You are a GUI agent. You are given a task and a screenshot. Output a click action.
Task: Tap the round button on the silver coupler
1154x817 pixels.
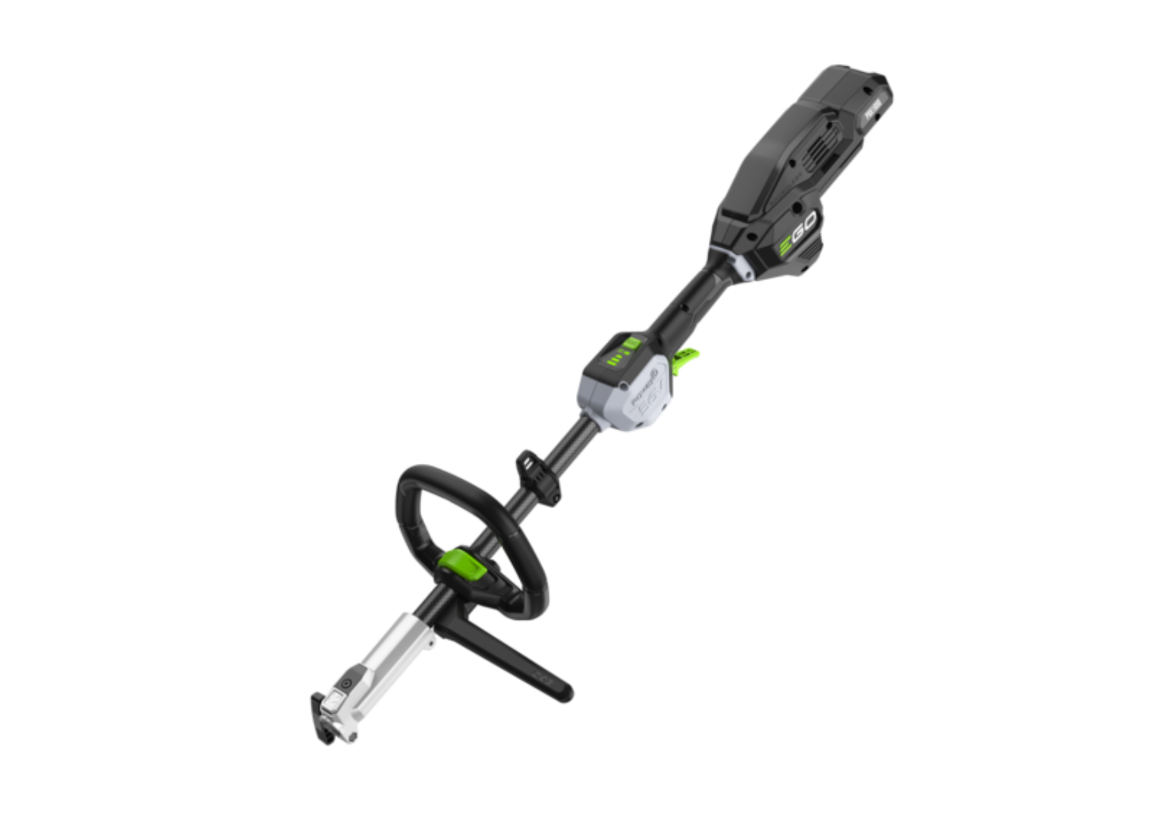pos(346,684)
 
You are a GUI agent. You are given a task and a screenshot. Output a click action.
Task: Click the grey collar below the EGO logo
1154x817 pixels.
pos(740,265)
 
